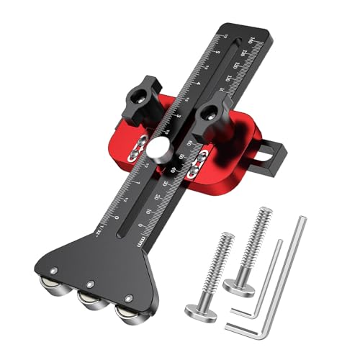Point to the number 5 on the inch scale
(x=215, y=51)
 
